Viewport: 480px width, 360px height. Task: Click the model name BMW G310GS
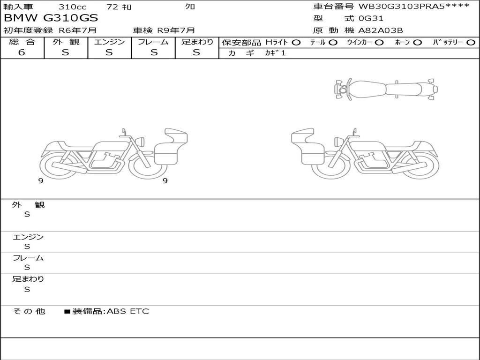[51, 18]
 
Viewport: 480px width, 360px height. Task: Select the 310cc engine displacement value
[73, 7]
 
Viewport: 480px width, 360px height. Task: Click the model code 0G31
[371, 18]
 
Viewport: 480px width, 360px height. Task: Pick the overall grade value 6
[22, 52]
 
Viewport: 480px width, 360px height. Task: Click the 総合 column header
[22, 42]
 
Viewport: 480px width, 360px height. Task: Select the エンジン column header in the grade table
[109, 42]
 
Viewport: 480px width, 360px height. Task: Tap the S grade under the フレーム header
[154, 52]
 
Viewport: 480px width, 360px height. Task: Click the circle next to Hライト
[296, 43]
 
